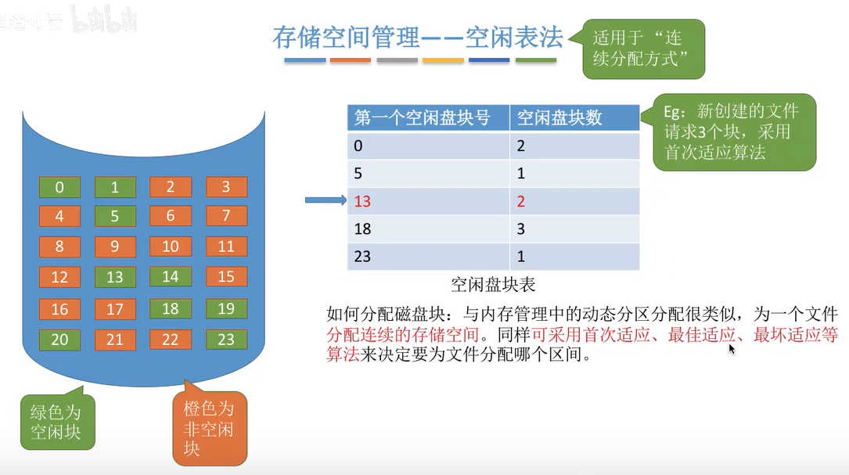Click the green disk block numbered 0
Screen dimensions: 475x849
click(59, 187)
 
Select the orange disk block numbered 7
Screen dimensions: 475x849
click(226, 215)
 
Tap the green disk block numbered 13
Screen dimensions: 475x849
click(115, 277)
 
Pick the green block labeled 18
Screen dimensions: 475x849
click(171, 308)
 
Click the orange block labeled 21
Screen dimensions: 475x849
click(115, 340)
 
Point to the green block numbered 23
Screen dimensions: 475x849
click(226, 340)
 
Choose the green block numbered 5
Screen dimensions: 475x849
click(115, 215)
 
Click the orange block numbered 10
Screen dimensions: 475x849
click(171, 246)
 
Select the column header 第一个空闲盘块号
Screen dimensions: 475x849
click(423, 117)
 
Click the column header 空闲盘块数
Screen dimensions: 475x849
click(560, 117)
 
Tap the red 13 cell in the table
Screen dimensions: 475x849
click(362, 202)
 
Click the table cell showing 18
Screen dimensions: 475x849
click(362, 229)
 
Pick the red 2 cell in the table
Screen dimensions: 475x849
click(522, 202)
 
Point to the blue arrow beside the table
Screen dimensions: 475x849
click(325, 202)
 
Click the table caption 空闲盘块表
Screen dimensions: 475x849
click(493, 284)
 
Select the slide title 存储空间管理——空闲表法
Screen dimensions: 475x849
click(418, 37)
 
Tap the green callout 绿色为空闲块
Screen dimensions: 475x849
click(56, 421)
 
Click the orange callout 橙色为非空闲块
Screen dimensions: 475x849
click(208, 429)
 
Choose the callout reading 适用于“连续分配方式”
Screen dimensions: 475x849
click(643, 48)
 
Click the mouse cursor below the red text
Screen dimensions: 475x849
click(732, 348)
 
